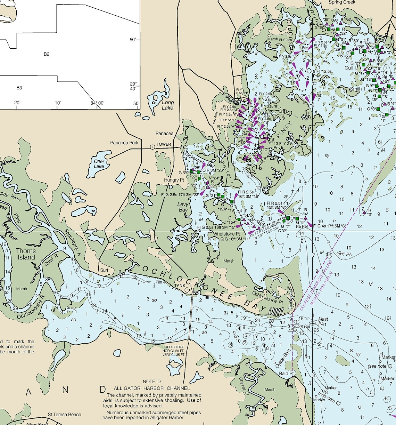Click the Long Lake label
(x=168, y=105)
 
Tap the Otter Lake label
(x=99, y=164)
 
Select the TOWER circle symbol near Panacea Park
(x=152, y=147)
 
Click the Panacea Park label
(x=124, y=143)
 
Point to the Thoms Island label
(x=26, y=254)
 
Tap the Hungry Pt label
(x=174, y=180)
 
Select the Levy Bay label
(x=183, y=207)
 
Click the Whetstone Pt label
(x=226, y=234)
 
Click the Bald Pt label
(x=287, y=373)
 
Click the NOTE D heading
(x=152, y=382)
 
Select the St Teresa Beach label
(x=65, y=414)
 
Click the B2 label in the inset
(x=47, y=54)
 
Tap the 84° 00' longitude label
(x=97, y=103)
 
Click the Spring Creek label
(x=342, y=2)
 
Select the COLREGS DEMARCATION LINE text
(x=316, y=285)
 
